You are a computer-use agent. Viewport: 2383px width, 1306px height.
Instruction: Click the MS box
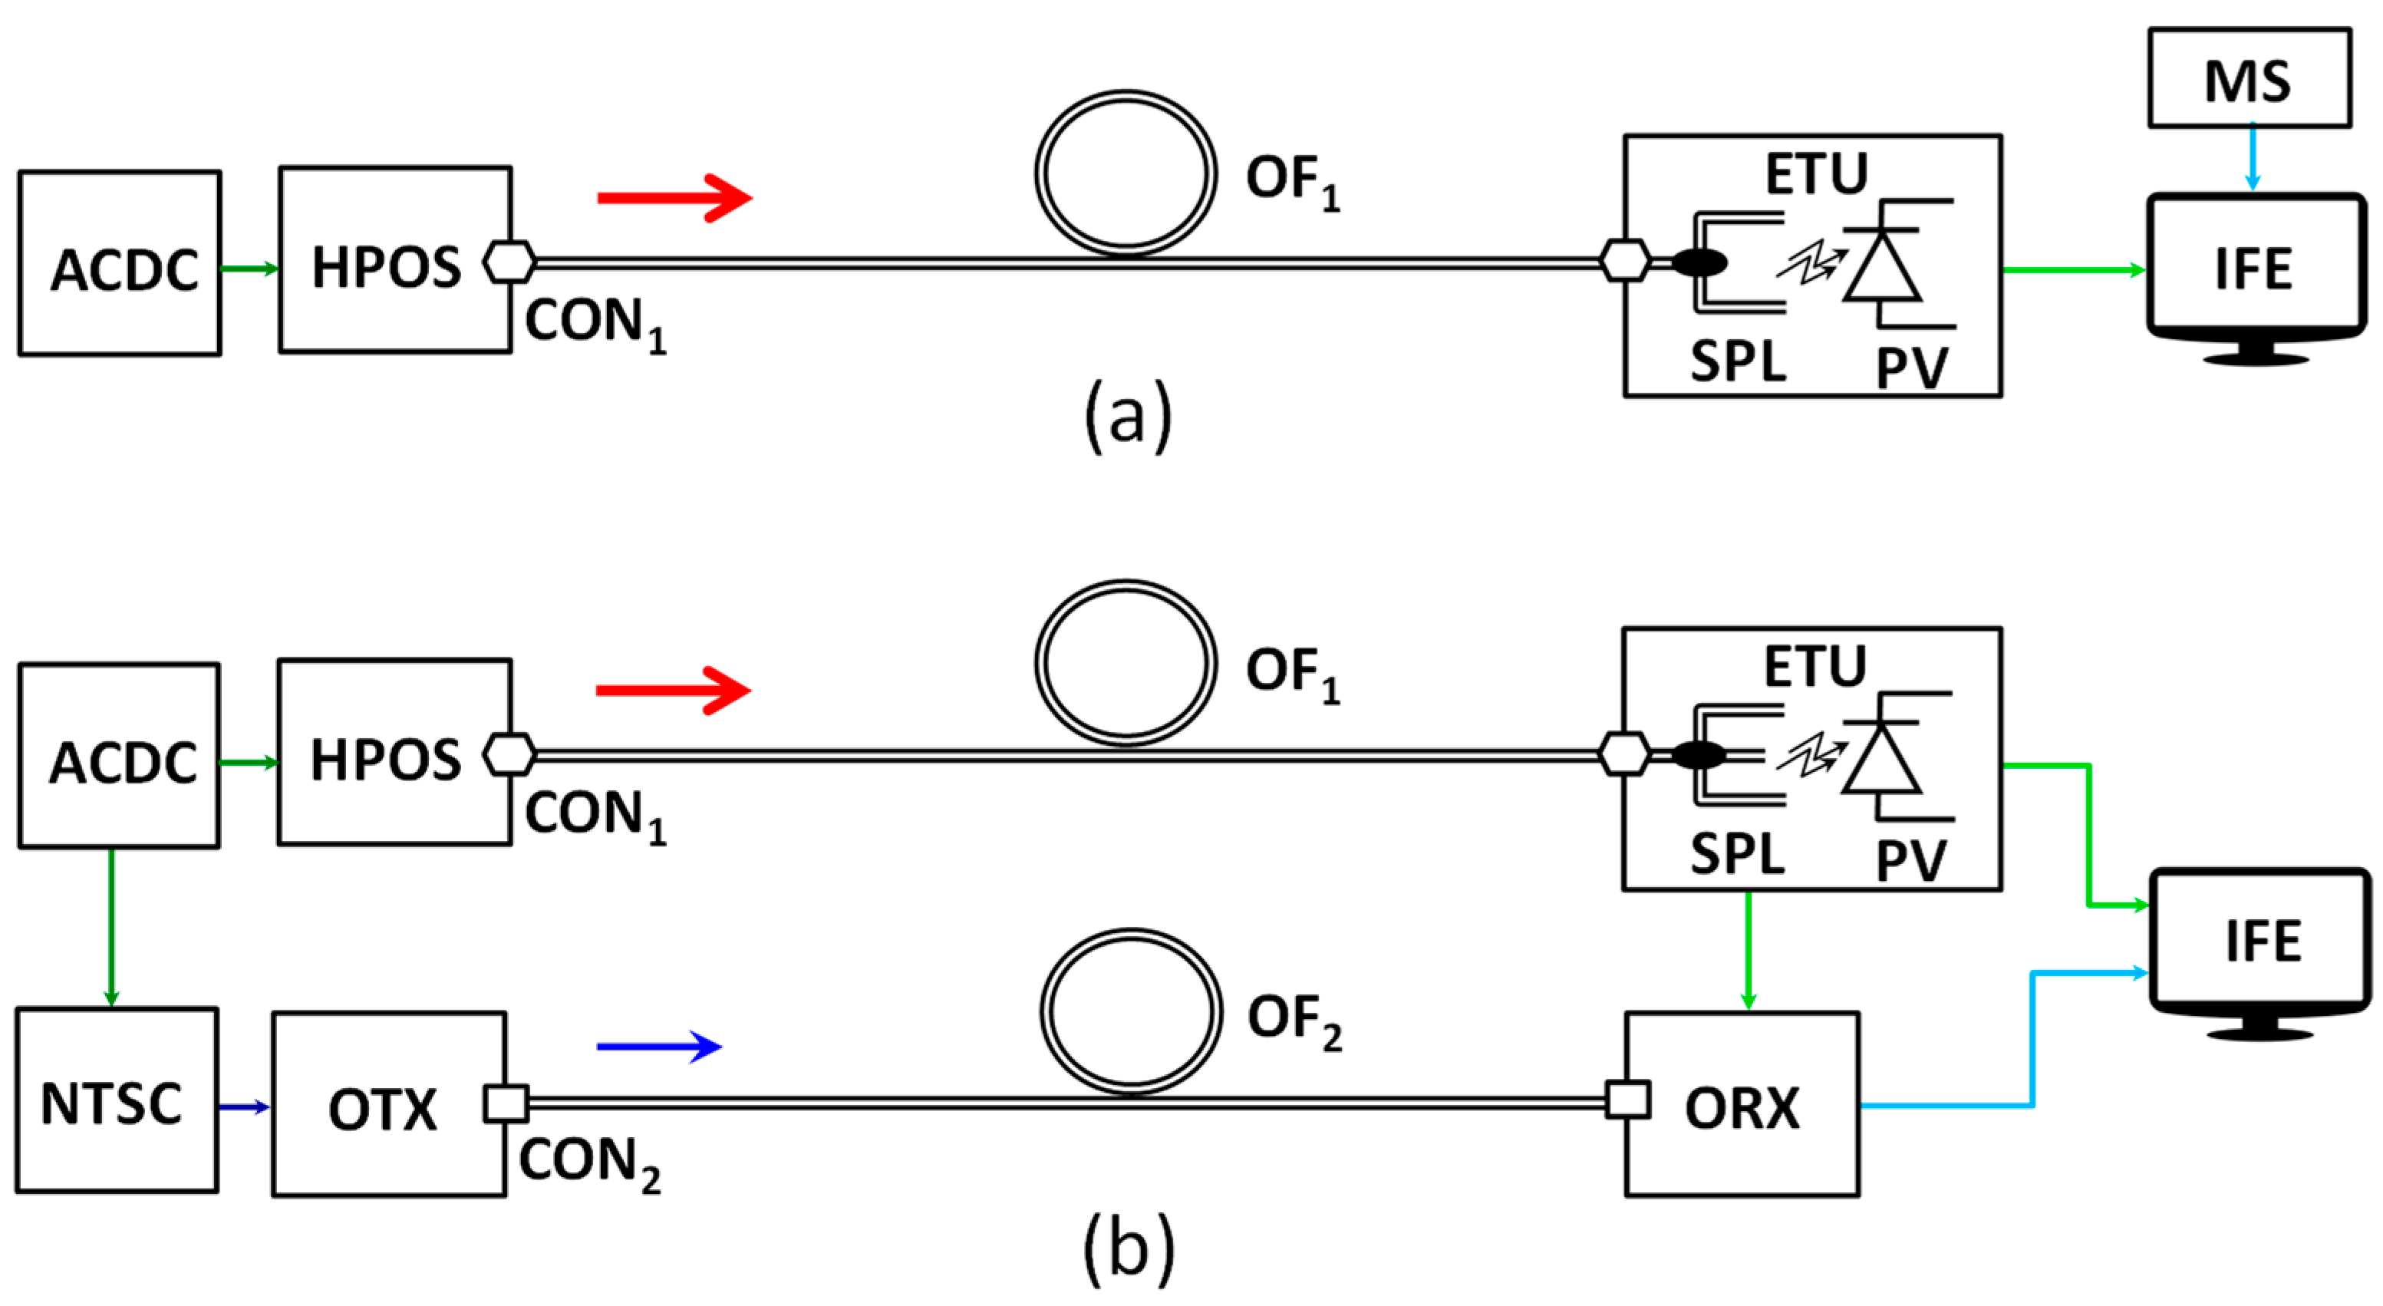[x=2249, y=78]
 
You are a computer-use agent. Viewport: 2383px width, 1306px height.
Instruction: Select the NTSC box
[x=117, y=1100]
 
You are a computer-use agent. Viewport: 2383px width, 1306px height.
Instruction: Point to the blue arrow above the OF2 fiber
[x=658, y=1046]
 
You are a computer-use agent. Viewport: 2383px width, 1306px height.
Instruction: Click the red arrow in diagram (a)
[x=674, y=197]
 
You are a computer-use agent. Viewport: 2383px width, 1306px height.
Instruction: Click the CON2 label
[x=588, y=1163]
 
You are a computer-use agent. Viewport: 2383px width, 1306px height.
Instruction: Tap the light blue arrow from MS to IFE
[x=2253, y=157]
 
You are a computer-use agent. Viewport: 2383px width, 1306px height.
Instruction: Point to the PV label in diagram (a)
[x=1911, y=368]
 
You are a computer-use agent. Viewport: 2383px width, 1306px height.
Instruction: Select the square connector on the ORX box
[x=1627, y=1100]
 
